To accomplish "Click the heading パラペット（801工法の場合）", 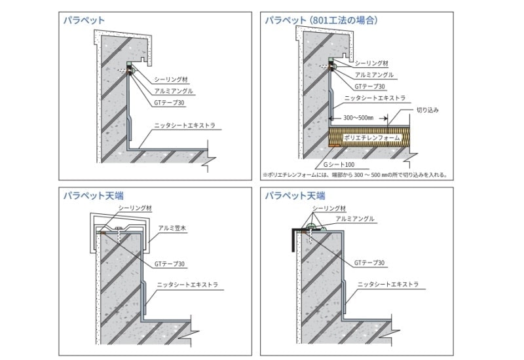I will pyautogui.click(x=321, y=20).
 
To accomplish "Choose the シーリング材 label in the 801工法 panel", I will pyautogui.click(x=371, y=63).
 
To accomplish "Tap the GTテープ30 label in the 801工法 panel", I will pyautogui.click(x=370, y=86).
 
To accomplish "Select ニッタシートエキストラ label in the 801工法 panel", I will pyautogui.click(x=375, y=98).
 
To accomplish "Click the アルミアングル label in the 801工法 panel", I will pyautogui.click(x=374, y=75).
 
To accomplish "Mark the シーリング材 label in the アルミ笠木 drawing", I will pyautogui.click(x=135, y=207).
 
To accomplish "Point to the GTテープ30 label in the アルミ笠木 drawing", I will pyautogui.click(x=170, y=264).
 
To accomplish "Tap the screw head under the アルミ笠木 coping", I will pyautogui.click(x=119, y=228).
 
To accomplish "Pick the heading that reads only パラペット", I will pyautogui.click(x=84, y=20).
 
